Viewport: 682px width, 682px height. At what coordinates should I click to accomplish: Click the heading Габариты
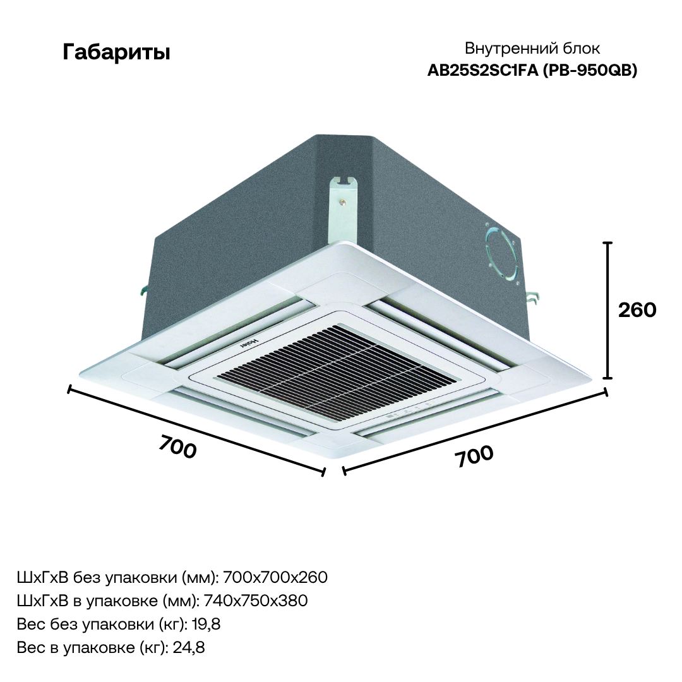coord(116,52)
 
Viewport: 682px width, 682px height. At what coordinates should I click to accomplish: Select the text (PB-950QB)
coord(589,71)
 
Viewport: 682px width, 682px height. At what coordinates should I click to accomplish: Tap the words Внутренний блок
coord(532,48)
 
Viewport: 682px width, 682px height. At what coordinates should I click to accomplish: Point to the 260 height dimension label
coord(637,310)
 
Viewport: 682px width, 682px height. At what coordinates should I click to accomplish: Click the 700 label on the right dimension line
coord(474,456)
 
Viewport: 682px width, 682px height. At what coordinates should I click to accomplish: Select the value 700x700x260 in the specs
coord(275,577)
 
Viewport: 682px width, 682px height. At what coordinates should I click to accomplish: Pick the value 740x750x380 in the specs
coord(256,601)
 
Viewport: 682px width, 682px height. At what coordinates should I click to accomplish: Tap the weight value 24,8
coord(189,648)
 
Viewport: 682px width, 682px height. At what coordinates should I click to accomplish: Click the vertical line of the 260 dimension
coord(609,310)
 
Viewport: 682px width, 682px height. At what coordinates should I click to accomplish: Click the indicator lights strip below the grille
coord(407,412)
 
